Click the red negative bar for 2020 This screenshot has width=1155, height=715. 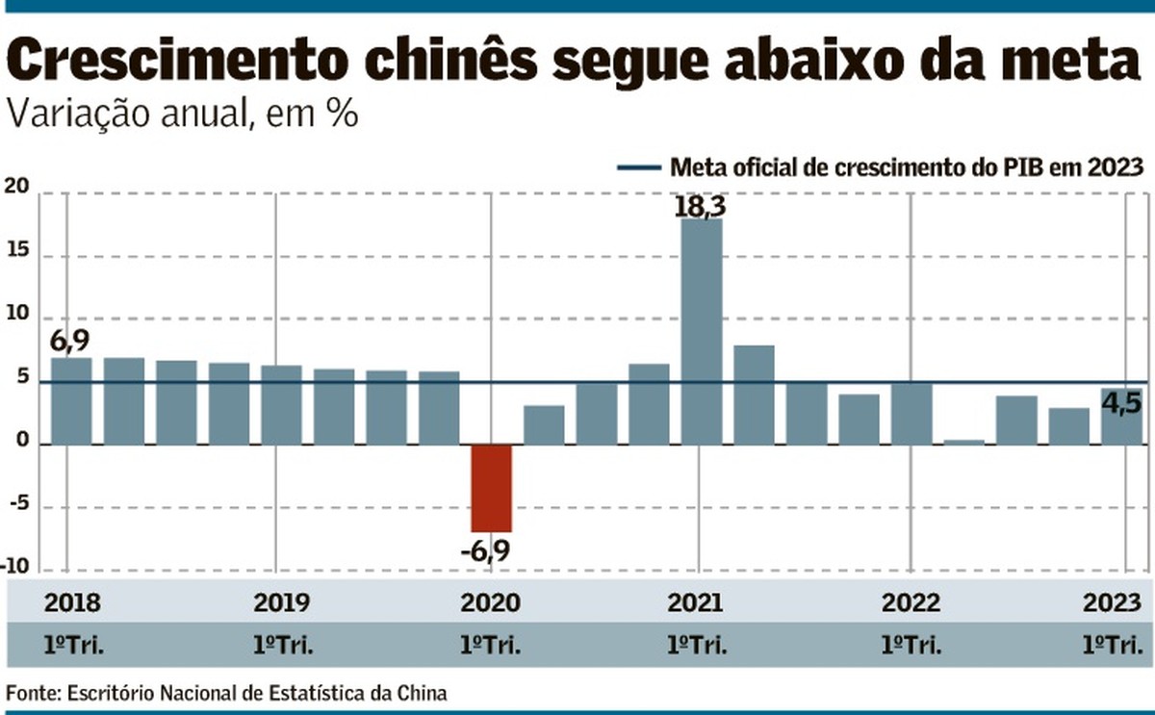tap(491, 488)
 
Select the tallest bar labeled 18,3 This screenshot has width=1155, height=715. tap(702, 332)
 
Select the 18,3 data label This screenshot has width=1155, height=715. tap(700, 205)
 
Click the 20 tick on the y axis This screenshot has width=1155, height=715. tap(18, 189)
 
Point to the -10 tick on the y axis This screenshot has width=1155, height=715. tap(16, 567)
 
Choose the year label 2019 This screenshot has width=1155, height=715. tap(282, 604)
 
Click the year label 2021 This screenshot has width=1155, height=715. tap(696, 604)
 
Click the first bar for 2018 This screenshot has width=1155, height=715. tap(71, 401)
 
